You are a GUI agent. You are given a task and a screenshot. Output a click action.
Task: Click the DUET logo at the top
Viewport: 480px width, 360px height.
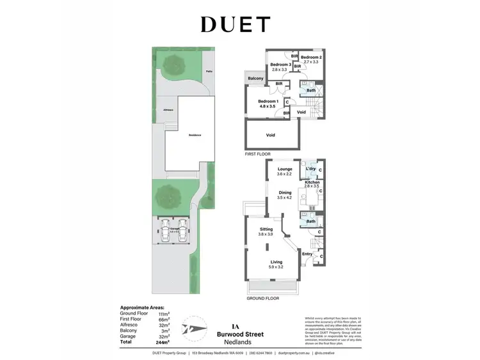click(236, 24)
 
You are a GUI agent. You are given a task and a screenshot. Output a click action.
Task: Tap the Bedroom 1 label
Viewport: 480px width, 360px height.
click(268, 102)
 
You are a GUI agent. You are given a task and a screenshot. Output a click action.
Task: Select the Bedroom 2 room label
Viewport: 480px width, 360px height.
click(312, 58)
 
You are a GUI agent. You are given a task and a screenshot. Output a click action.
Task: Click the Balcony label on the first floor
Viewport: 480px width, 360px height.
click(255, 78)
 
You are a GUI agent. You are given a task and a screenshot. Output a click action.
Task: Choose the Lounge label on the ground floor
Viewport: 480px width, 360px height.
click(285, 169)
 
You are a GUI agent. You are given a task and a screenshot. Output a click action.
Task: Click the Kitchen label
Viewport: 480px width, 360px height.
click(312, 183)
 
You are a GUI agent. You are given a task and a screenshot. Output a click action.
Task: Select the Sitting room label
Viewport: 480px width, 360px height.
click(266, 228)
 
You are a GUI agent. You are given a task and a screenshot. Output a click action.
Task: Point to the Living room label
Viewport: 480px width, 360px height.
click(276, 262)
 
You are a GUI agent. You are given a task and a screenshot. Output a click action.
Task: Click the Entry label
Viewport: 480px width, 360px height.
click(308, 254)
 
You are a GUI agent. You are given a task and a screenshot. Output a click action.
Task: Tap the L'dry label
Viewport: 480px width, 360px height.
click(311, 169)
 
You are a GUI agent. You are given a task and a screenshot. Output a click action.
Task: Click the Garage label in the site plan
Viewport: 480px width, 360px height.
click(175, 228)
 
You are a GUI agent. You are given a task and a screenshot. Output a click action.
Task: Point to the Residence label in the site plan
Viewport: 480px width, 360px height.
click(195, 135)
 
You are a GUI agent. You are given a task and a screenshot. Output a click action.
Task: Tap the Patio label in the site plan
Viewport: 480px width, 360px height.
click(209, 72)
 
